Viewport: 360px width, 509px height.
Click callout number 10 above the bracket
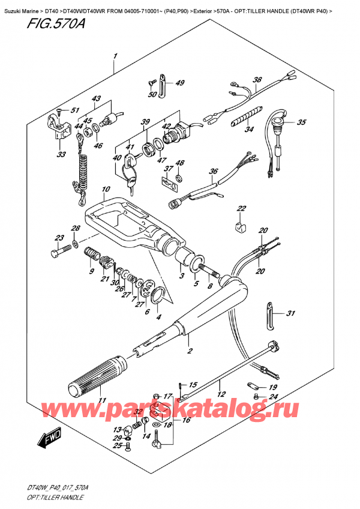[106, 190]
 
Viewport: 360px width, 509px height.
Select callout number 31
[291, 313]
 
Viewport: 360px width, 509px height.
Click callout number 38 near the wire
[257, 80]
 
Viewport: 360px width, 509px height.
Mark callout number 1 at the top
[114, 57]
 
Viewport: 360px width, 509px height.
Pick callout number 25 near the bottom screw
[119, 446]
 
